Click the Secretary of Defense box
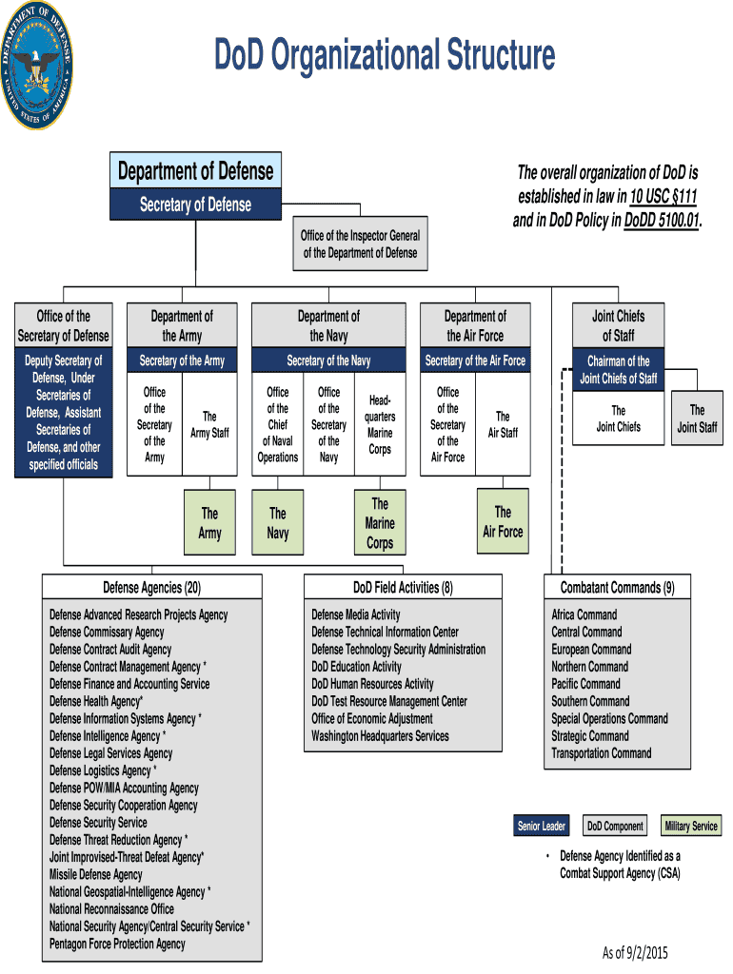(196, 205)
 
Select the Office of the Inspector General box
(360, 244)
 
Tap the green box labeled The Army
(209, 523)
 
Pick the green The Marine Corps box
(380, 523)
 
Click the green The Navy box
(278, 523)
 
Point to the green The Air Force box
(503, 522)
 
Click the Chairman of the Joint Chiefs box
(618, 369)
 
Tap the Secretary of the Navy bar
(328, 360)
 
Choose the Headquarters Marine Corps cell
(380, 425)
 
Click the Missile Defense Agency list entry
(96, 874)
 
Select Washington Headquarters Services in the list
(380, 736)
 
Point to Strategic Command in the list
(590, 736)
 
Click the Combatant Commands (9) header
(617, 587)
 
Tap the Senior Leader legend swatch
(541, 826)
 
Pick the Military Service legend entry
(691, 826)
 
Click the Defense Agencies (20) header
(152, 587)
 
